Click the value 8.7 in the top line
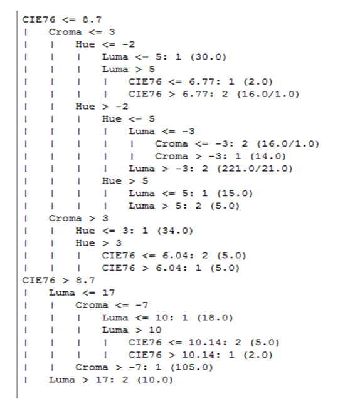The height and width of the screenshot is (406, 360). click(92, 19)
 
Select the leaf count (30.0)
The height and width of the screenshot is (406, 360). click(208, 57)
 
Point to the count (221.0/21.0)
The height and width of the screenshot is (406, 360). click(255, 169)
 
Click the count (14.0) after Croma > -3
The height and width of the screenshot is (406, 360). click(268, 157)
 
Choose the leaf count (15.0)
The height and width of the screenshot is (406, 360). click(235, 194)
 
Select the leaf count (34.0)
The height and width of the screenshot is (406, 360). click(175, 231)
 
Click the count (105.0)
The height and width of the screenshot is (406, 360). click(191, 367)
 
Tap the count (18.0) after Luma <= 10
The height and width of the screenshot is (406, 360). click(215, 318)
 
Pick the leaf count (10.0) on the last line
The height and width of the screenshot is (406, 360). click(155, 380)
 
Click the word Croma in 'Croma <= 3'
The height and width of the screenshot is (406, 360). click(65, 32)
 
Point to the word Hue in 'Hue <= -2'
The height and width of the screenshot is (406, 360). click(85, 44)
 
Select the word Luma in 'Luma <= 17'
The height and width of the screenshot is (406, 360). click(62, 293)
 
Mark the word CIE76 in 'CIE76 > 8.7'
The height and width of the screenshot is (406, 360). click(39, 281)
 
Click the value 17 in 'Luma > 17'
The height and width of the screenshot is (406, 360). click(102, 380)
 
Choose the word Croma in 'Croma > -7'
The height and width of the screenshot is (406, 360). click(92, 367)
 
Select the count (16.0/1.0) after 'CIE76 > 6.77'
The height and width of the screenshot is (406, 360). click(268, 94)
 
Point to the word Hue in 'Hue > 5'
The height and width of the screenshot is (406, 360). click(112, 181)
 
